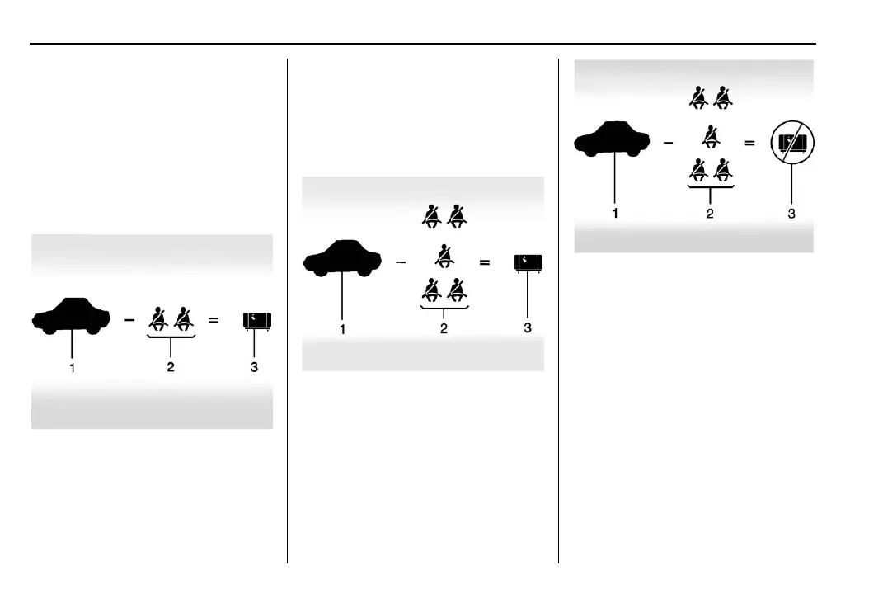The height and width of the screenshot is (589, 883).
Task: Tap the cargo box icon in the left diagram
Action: pyautogui.click(x=257, y=321)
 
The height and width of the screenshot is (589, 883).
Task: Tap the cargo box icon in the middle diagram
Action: pyautogui.click(x=527, y=262)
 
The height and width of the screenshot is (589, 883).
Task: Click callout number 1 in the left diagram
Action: pyautogui.click(x=73, y=368)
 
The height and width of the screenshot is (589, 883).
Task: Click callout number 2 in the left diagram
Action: pyautogui.click(x=171, y=368)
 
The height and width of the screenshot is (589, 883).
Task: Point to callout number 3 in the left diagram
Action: pyautogui.click(x=254, y=368)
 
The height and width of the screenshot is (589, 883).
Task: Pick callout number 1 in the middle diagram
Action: pyautogui.click(x=343, y=328)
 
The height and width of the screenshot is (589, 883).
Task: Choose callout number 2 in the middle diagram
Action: pyautogui.click(x=444, y=328)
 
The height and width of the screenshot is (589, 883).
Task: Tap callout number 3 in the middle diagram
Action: pyautogui.click(x=528, y=328)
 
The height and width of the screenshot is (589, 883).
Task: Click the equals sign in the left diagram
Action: pyautogui.click(x=214, y=320)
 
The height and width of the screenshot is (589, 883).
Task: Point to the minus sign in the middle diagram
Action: pyautogui.click(x=401, y=262)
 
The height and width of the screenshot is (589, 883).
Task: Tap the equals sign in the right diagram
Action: pyautogui.click(x=749, y=144)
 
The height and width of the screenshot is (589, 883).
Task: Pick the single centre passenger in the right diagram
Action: pyautogui.click(x=709, y=137)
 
